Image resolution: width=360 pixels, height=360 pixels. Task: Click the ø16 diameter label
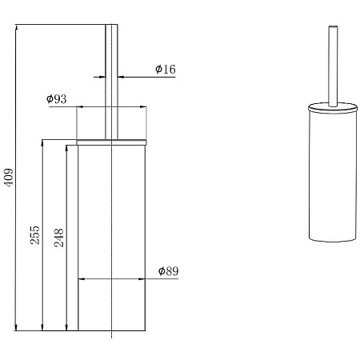coord(166,70)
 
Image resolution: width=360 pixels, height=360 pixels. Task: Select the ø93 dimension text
coord(57,99)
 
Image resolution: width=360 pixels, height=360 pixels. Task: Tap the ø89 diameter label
coord(168,271)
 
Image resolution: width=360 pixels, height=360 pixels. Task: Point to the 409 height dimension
coord(9,178)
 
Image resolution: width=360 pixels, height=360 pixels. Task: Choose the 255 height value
coord(34,235)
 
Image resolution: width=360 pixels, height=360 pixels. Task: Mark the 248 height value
coord(59,238)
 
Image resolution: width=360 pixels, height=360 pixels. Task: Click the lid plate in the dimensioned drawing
coord(111,142)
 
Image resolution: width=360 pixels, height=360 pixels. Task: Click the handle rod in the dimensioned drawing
coord(111,82)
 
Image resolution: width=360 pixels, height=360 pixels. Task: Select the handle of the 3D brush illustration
coord(333,66)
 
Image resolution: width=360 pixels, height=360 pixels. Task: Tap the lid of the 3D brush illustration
coord(333,108)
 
